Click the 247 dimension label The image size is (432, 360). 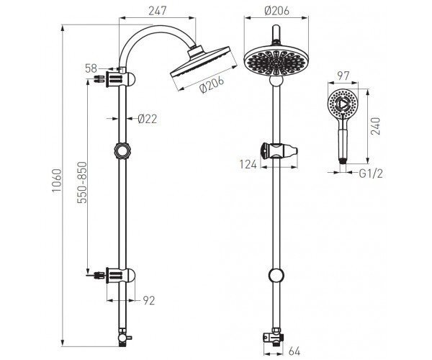pyautogui.click(x=158, y=11)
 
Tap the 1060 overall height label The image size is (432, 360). pyautogui.click(x=56, y=181)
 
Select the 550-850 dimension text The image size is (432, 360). pyautogui.click(x=81, y=183)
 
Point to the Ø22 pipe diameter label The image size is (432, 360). pyautogui.click(x=147, y=119)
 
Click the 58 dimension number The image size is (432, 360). pyautogui.click(x=91, y=68)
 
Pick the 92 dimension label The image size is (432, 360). pyautogui.click(x=149, y=300)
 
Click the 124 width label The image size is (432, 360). pyautogui.click(x=248, y=164)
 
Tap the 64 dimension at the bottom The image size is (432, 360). pyautogui.click(x=294, y=351)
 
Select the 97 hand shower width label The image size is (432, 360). pyautogui.click(x=343, y=76)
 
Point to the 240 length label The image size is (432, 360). pyautogui.click(x=375, y=126)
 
